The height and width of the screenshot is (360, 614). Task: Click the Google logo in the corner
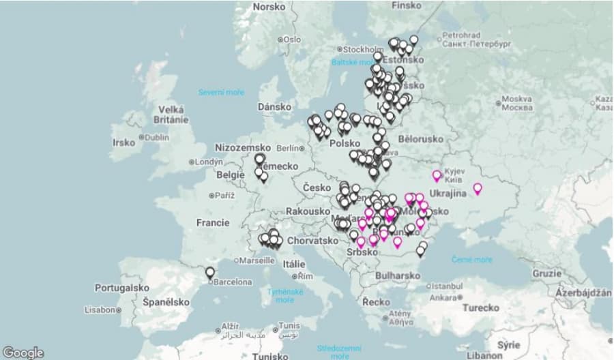coord(23,352)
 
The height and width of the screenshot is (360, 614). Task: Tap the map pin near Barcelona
coord(210,273)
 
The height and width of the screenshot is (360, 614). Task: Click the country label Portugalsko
coord(122,288)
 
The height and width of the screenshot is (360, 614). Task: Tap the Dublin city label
coord(155,137)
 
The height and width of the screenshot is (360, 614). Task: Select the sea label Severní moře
coord(221,92)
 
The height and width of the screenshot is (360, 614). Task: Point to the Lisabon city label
coord(100,310)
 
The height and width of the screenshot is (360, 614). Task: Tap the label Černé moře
coord(471,260)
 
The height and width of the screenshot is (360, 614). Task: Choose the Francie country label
coord(213,223)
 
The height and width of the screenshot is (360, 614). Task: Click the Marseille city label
coord(257,260)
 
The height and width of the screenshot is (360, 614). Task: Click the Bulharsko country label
coord(398,275)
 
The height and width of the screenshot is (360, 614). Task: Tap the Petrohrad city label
coord(461,35)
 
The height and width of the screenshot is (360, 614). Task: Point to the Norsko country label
coord(269,7)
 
